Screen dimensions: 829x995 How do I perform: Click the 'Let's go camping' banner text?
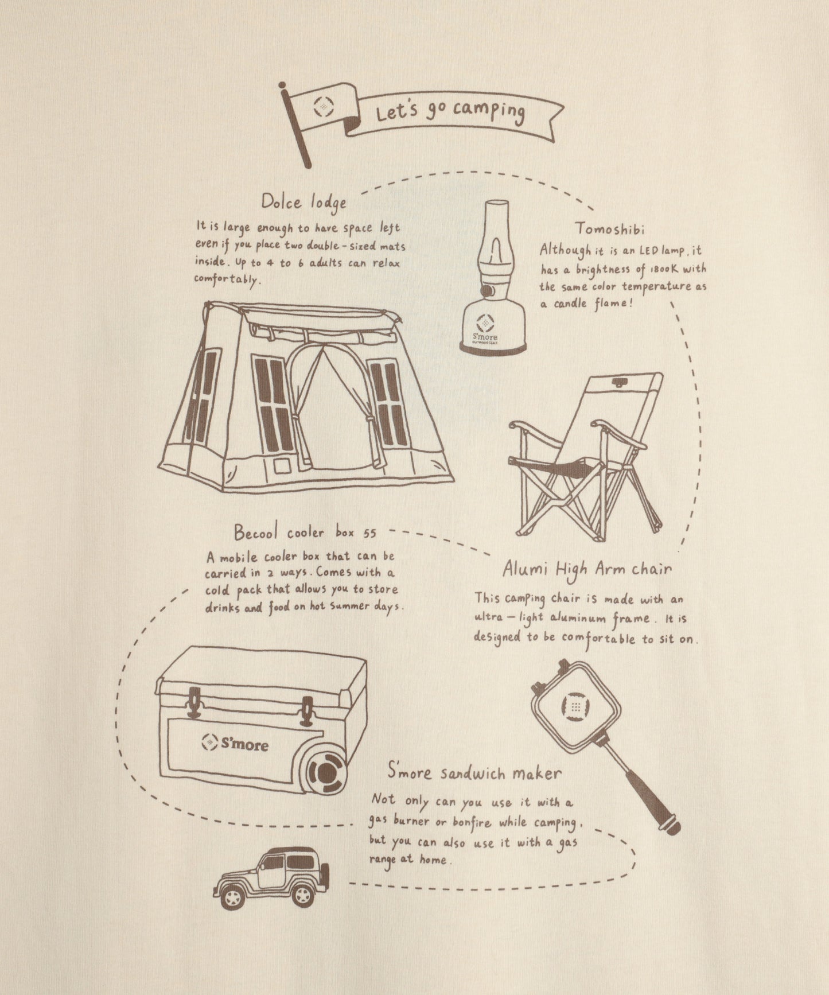(x=450, y=111)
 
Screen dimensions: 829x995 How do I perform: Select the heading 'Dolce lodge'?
(x=303, y=202)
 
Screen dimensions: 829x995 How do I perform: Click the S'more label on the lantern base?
(x=485, y=337)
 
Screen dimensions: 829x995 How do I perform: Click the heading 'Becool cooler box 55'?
(x=305, y=533)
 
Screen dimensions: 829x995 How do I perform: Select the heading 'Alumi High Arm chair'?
(x=586, y=569)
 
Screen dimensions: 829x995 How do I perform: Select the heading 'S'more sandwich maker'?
(x=474, y=772)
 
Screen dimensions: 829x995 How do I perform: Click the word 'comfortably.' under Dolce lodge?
(x=228, y=281)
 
